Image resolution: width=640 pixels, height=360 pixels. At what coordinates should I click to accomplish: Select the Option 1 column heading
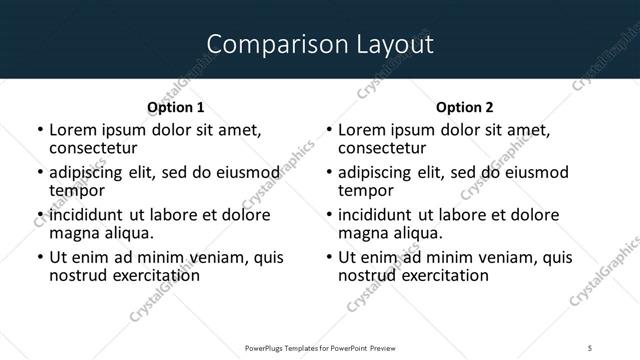(175, 107)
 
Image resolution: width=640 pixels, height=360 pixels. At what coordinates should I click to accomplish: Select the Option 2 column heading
(465, 107)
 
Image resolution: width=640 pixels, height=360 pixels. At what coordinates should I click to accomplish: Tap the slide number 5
(591, 347)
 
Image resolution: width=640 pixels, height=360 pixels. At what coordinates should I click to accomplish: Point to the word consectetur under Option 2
(382, 148)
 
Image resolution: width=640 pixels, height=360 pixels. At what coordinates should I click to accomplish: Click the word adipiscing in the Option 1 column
(91, 172)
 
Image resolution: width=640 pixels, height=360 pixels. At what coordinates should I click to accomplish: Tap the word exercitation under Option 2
(442, 275)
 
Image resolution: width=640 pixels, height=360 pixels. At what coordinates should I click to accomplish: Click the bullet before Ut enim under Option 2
(329, 257)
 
